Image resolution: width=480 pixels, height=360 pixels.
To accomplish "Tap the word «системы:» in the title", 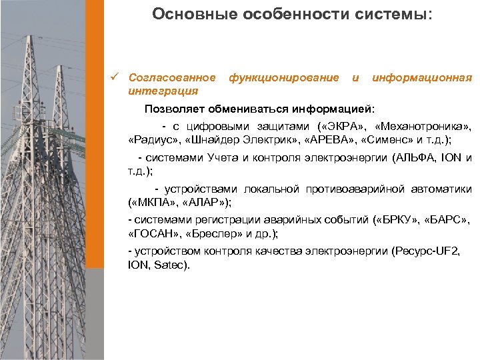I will pos(400,15).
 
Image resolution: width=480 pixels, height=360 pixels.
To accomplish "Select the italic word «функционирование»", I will pos(283,78).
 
